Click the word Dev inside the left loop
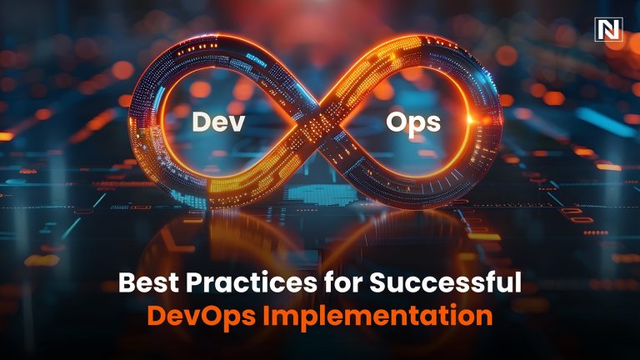point(216,122)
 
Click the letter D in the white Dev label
point(201,122)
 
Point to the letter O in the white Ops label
point(397,122)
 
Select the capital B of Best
point(127,283)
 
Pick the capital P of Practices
point(193,283)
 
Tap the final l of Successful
point(517,282)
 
